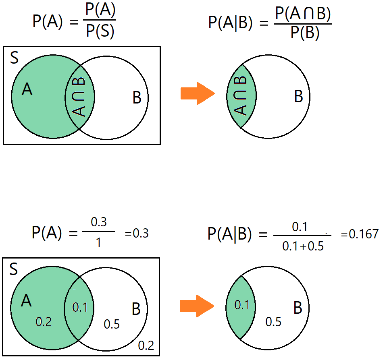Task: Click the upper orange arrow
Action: point(197,93)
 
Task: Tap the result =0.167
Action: point(360,234)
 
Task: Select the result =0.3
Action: point(137,233)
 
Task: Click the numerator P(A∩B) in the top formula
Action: point(303,14)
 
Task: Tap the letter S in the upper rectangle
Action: point(14,58)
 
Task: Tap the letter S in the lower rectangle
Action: point(14,269)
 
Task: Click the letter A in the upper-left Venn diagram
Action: point(27,89)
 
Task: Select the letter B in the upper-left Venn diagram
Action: point(137,97)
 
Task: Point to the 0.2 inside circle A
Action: point(44,322)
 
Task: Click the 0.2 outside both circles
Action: point(146,346)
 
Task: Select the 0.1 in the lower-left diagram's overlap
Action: point(80,307)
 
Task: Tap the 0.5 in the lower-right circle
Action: point(273,322)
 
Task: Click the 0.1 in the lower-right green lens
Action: point(242,305)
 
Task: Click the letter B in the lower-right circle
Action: point(298,308)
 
